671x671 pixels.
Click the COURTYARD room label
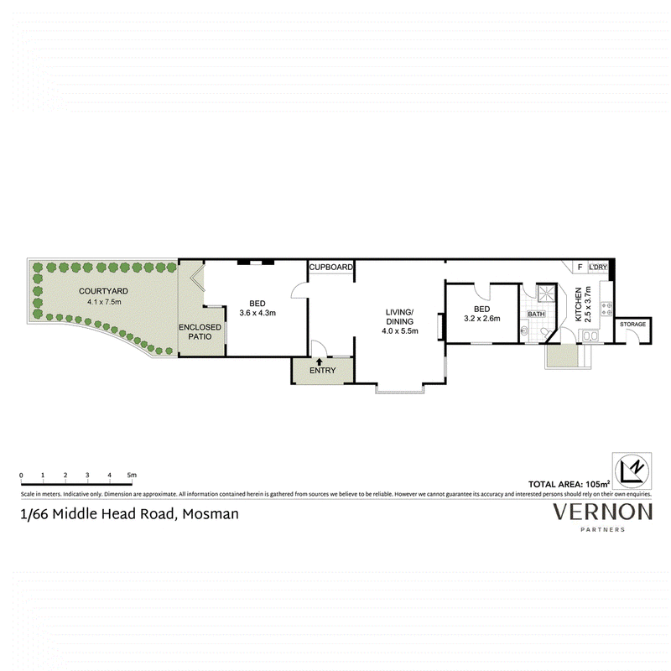(103, 291)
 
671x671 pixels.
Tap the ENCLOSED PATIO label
(200, 332)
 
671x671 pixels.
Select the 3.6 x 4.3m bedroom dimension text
(257, 313)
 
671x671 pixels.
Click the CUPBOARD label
(330, 267)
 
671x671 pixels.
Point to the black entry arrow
(320, 362)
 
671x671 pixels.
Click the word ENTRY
(323, 371)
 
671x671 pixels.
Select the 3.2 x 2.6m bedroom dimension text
(481, 319)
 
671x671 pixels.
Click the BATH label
(536, 314)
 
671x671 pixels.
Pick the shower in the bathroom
(546, 293)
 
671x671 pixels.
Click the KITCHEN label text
(579, 304)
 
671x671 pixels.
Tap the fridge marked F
(580, 267)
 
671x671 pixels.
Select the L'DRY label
(598, 267)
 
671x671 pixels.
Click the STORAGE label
(632, 325)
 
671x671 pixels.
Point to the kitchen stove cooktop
(606, 309)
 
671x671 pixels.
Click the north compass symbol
(632, 471)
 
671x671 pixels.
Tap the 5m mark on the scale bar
(132, 475)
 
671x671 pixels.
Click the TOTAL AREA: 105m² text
(569, 484)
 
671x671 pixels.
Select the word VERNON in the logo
(602, 512)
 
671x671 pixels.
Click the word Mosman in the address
(211, 514)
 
